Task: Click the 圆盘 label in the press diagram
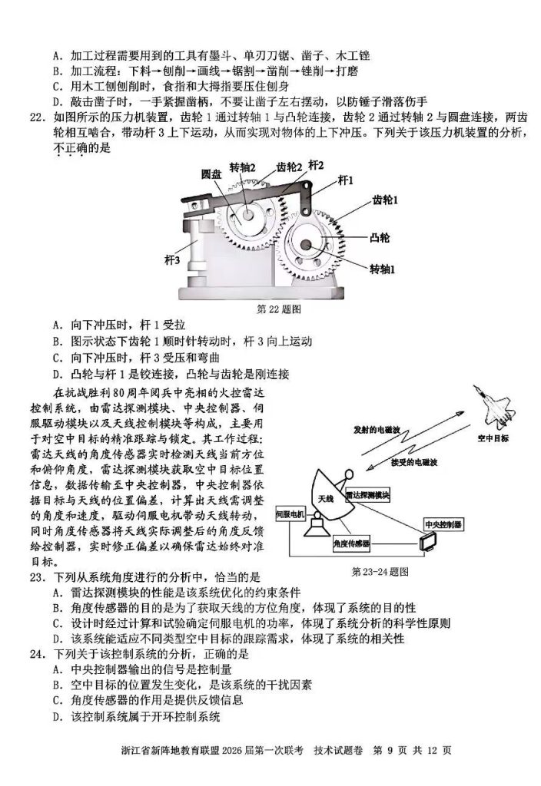212,173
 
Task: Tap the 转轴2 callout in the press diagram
242,168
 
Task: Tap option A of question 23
58,593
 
